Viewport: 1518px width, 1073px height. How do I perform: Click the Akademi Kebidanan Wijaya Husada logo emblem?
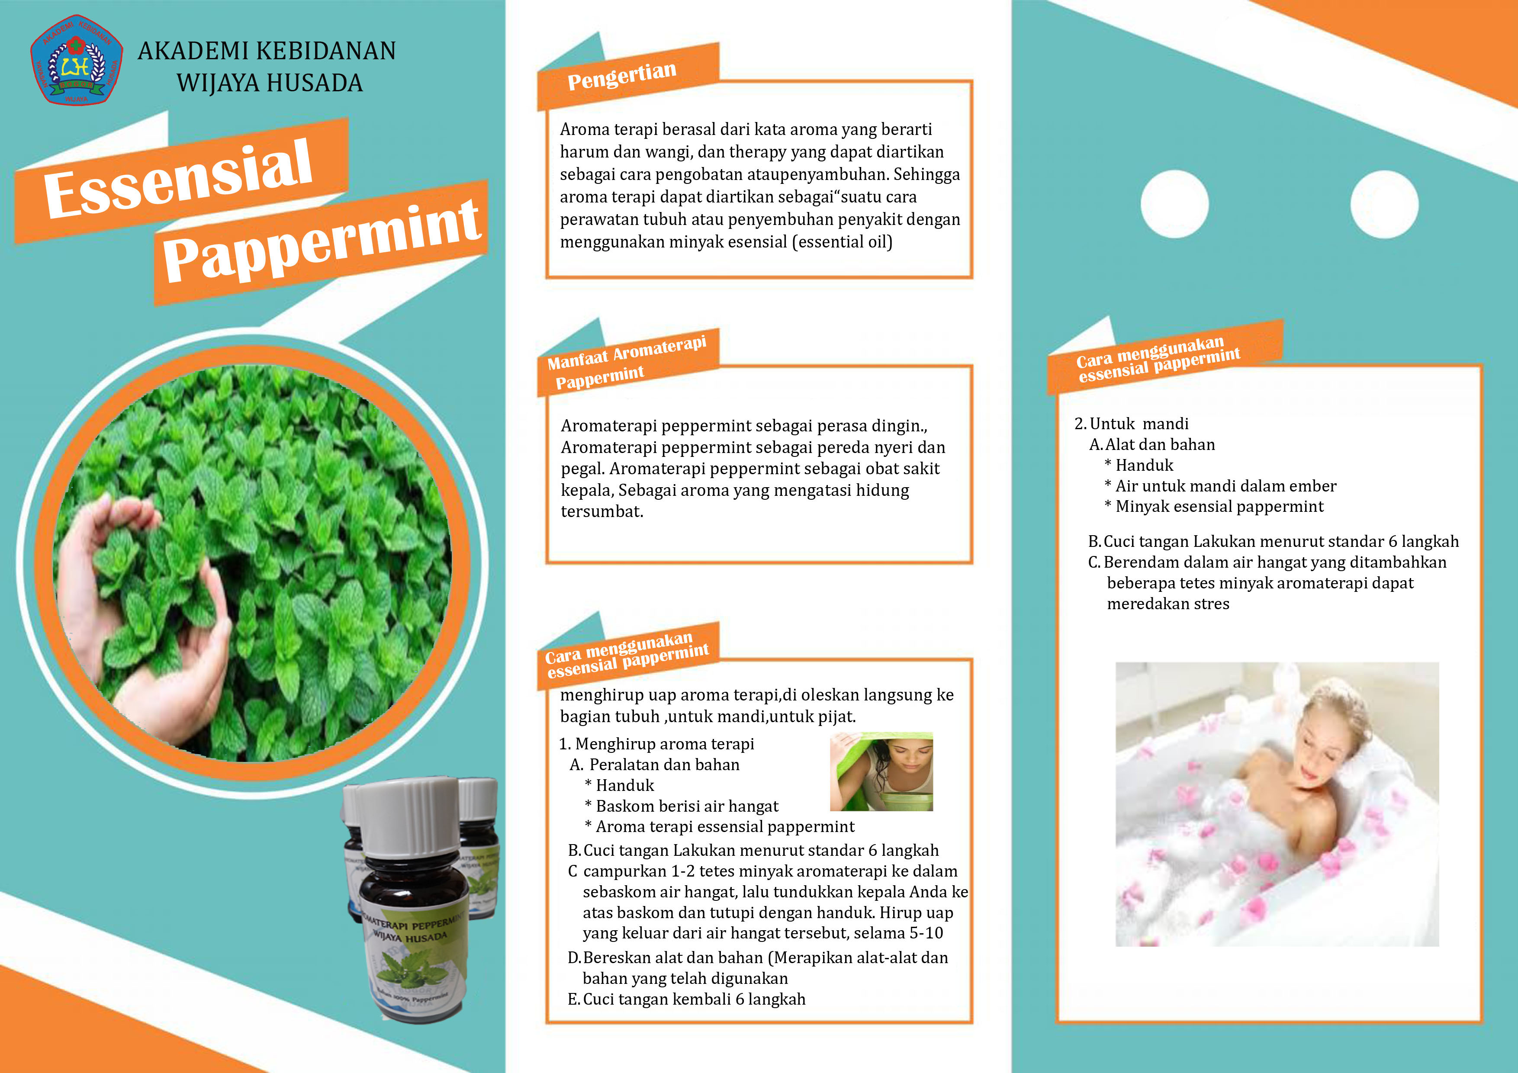tap(77, 60)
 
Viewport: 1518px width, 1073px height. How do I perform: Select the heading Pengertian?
tap(621, 75)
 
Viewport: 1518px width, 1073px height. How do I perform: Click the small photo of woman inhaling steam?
tap(881, 771)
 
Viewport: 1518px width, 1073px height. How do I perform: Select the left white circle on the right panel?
tap(1174, 204)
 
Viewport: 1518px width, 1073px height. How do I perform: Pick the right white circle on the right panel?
tap(1384, 204)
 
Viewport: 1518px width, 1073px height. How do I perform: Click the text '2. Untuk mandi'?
tap(1131, 424)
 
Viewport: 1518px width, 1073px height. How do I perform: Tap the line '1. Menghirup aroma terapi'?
tap(656, 744)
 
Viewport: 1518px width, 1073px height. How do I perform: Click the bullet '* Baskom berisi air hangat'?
tap(682, 806)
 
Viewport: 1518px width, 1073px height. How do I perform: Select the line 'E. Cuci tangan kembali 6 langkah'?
tap(686, 999)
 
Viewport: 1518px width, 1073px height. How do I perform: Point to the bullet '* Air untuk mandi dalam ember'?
tap(1220, 486)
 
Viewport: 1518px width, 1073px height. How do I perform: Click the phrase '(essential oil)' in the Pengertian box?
tap(843, 242)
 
